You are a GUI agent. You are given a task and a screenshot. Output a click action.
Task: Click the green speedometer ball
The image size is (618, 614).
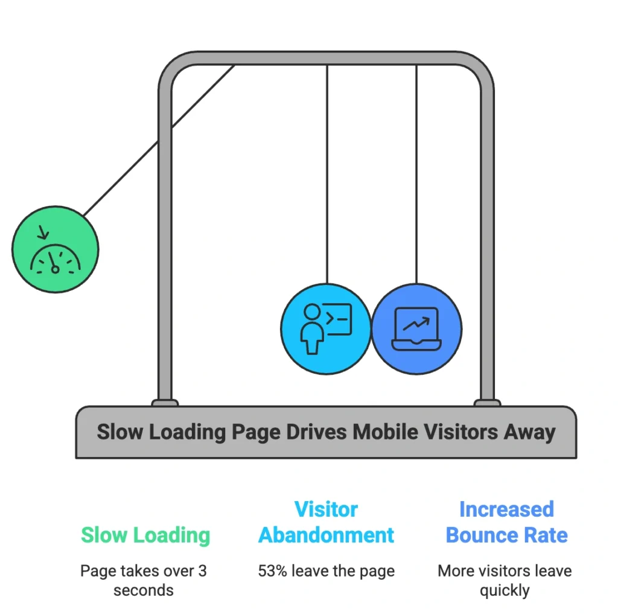tap(55, 249)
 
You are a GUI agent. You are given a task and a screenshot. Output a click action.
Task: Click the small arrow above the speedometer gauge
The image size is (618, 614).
tap(43, 233)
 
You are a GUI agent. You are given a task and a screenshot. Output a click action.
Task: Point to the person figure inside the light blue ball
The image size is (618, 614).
tap(312, 328)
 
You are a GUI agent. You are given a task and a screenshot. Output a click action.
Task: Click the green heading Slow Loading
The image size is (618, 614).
tap(145, 535)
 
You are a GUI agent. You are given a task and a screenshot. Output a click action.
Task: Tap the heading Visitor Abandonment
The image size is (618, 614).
tap(326, 522)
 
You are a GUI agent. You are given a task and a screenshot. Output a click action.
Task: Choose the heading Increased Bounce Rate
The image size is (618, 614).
tap(506, 522)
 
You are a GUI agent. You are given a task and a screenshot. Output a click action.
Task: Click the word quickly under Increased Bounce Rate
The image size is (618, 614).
tap(505, 590)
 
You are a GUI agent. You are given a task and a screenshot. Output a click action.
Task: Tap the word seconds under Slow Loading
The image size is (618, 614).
tap(144, 590)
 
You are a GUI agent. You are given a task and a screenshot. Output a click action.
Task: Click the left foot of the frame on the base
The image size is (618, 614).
tap(165, 403)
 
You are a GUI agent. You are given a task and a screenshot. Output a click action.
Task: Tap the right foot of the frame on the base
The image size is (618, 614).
tap(487, 403)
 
